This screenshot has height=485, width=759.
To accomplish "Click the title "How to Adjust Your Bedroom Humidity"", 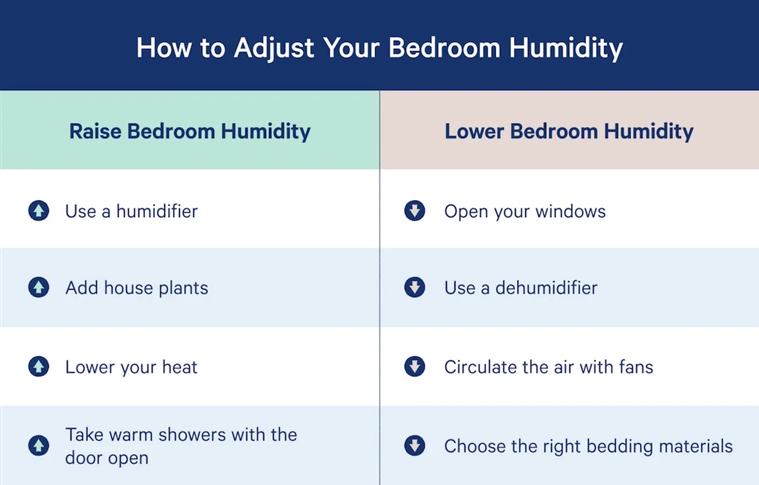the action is tap(379, 49).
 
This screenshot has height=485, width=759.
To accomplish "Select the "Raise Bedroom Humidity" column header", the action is tap(190, 131).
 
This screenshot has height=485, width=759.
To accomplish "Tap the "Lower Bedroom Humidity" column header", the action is tap(569, 131).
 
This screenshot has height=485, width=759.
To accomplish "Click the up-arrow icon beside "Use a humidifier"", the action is tap(39, 211).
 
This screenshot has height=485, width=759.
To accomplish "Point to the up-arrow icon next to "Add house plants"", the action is tap(39, 287).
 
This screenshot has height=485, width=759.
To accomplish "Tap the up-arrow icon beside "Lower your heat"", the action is tap(39, 366).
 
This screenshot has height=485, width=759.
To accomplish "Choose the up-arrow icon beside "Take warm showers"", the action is tap(39, 445).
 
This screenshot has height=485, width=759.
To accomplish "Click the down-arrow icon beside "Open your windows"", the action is tap(414, 211).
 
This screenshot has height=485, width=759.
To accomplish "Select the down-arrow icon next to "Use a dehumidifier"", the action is tap(414, 287).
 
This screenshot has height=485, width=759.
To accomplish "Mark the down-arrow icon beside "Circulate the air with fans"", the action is tap(414, 366).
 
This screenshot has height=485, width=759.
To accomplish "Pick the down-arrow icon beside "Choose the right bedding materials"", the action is tap(414, 445).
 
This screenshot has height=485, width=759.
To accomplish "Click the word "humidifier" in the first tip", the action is tap(157, 212).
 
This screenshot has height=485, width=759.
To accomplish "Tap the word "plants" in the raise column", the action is tap(183, 289).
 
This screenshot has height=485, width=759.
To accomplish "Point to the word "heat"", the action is tap(180, 368).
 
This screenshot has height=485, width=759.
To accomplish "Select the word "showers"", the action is tap(192, 434).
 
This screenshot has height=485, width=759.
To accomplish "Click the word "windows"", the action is tap(571, 212).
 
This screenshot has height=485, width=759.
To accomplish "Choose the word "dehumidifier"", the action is tap(546, 288).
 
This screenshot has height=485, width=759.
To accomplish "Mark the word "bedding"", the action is tap(620, 446).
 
